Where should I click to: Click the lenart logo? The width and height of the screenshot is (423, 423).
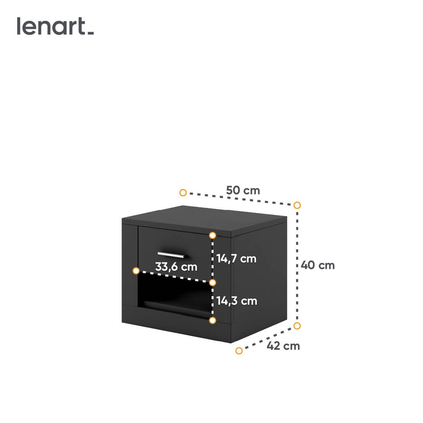[x=55, y=26]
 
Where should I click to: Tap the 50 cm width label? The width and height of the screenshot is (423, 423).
[x=243, y=190]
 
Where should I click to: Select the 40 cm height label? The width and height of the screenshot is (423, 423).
[x=318, y=265]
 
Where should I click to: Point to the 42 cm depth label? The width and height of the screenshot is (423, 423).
[x=283, y=346]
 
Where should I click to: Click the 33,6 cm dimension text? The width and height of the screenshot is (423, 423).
[x=176, y=267]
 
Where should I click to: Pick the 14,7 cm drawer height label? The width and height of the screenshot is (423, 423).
[x=236, y=259]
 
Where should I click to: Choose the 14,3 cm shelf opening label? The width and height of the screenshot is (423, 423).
[x=237, y=301]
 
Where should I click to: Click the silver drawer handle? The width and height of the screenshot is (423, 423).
[x=171, y=255]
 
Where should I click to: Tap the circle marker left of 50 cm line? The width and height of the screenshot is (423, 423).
[x=183, y=193]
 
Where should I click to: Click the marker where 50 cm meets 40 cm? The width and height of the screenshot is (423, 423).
[x=297, y=205]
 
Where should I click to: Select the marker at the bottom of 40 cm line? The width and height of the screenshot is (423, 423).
[x=297, y=325]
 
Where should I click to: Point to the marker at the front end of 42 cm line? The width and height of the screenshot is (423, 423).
[x=239, y=351]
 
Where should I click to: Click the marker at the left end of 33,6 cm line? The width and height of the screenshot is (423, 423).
[x=136, y=271]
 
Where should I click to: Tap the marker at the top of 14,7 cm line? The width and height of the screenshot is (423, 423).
[x=213, y=235]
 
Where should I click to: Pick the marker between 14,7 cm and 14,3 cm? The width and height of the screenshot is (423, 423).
[x=213, y=282]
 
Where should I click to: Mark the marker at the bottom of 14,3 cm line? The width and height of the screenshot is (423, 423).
[x=213, y=320]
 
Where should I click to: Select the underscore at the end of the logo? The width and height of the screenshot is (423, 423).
[x=91, y=33]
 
